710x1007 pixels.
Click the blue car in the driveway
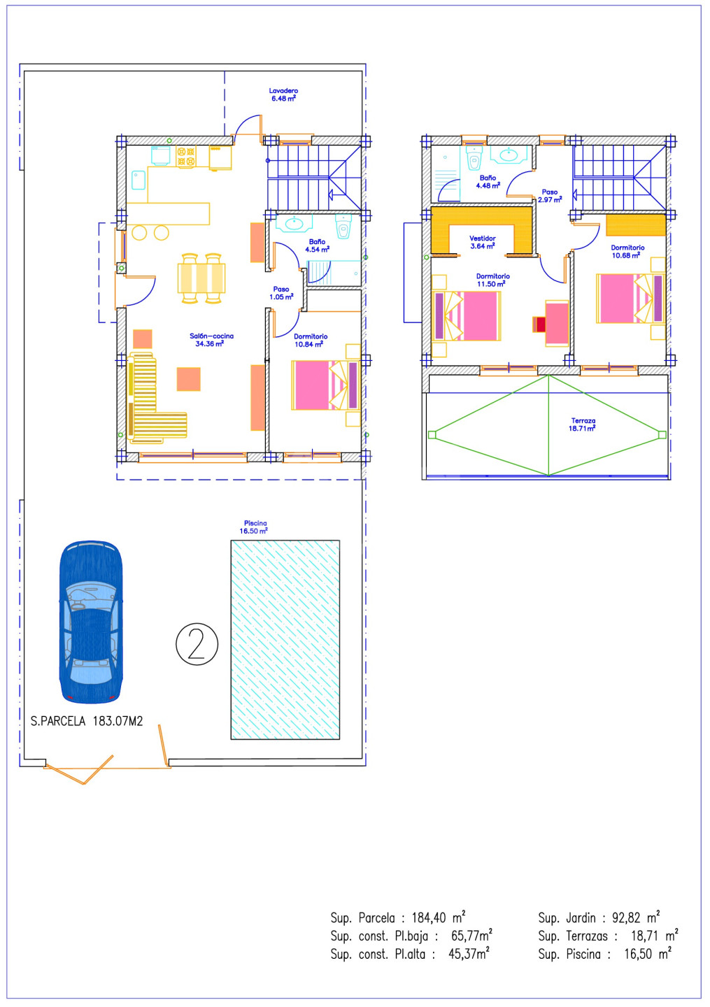[x=91, y=622]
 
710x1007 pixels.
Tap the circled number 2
[x=197, y=644]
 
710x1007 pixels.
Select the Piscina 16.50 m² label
[x=254, y=527]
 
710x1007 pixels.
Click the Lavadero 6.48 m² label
[x=283, y=94]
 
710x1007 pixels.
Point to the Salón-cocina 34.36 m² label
[x=211, y=340]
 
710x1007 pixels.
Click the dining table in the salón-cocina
[x=201, y=278]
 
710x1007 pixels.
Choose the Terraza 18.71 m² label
[x=583, y=424]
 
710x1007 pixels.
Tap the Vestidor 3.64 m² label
[x=483, y=242]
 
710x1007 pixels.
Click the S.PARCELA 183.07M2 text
[x=87, y=722]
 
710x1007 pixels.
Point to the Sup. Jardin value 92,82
[x=626, y=917]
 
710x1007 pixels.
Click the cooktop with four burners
[x=186, y=157]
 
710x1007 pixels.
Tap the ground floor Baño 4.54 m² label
[x=318, y=245]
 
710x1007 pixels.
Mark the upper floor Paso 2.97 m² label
[x=550, y=196]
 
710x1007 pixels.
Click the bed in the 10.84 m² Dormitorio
[x=326, y=385]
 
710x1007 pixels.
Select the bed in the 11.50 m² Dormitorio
[x=467, y=315]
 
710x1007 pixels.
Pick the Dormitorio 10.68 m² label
[x=627, y=251]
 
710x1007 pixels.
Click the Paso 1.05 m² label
[x=281, y=293]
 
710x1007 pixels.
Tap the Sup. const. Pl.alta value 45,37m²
[x=469, y=954]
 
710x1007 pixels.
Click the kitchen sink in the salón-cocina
[x=138, y=180]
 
